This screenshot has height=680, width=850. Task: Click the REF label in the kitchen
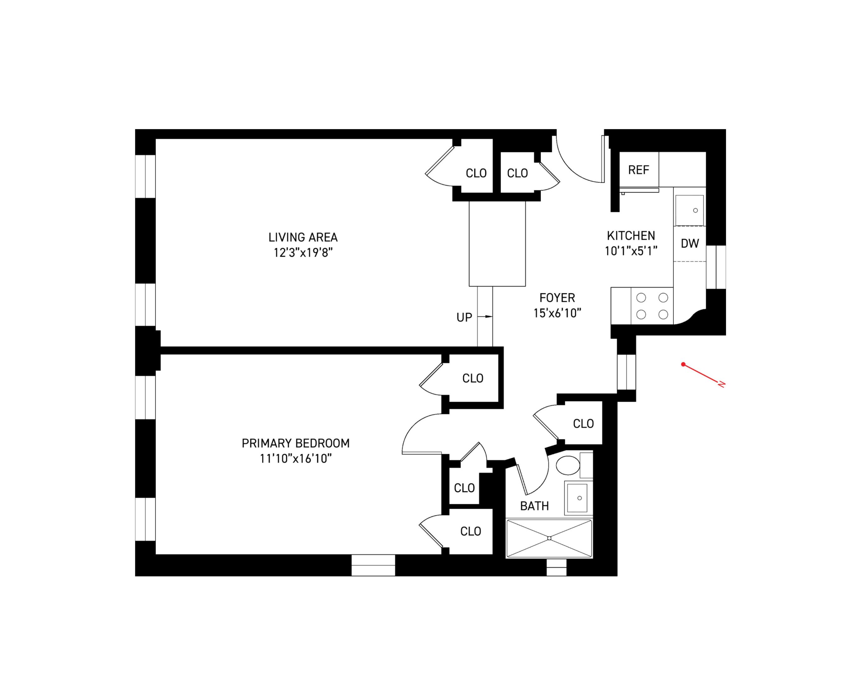coord(638,170)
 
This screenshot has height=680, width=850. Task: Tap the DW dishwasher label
coord(689,244)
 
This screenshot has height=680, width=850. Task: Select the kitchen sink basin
coord(689,210)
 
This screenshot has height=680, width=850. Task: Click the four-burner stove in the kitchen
coord(652,306)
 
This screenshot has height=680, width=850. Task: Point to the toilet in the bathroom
coord(568,466)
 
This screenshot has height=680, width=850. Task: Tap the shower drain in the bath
coord(549,538)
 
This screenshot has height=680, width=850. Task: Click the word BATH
coord(534,506)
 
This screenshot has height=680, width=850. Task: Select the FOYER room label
coord(557,297)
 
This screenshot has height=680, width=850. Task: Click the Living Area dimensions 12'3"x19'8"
coord(303,253)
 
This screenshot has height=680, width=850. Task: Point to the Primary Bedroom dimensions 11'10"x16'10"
coord(296,459)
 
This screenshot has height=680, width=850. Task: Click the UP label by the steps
coord(464,317)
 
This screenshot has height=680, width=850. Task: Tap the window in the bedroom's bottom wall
coord(373,565)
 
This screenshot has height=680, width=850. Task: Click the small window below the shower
coord(556,567)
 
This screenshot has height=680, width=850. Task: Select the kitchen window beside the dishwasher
coord(716,267)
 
